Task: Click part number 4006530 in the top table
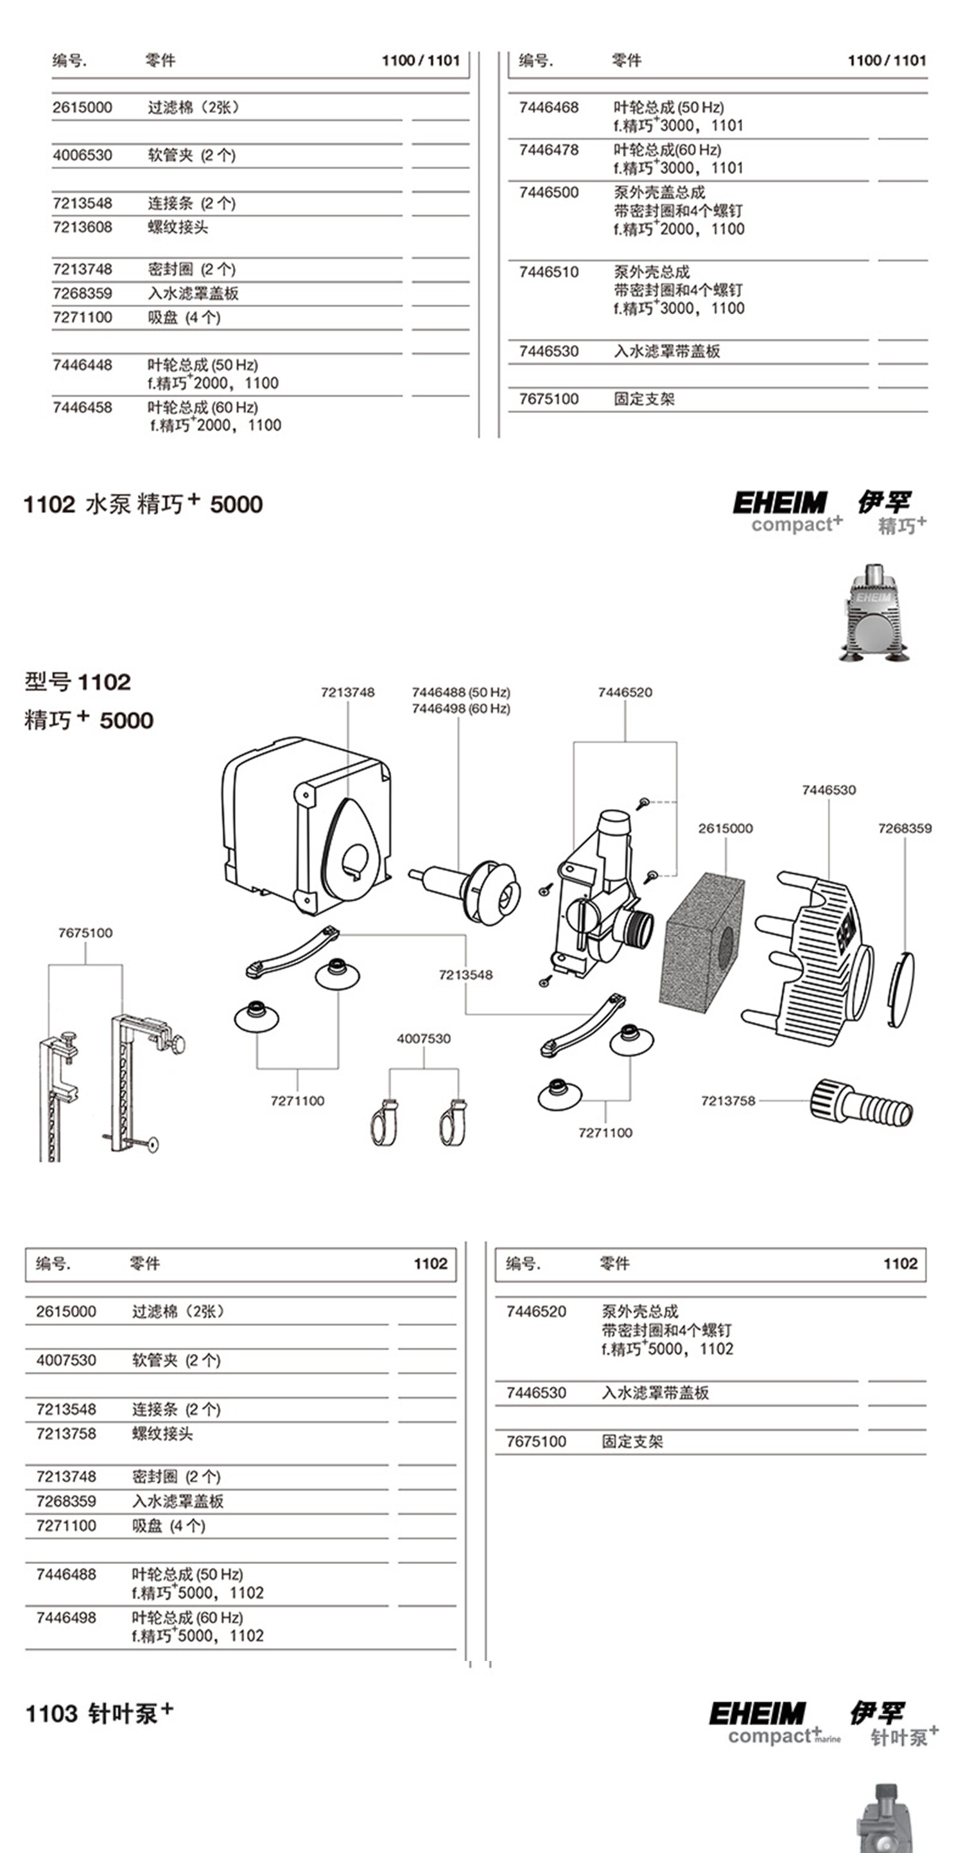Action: pyautogui.click(x=82, y=155)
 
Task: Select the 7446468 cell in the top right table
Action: pyautogui.click(x=549, y=107)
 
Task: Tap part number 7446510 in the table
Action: pyautogui.click(x=549, y=272)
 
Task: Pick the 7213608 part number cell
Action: pyautogui.click(x=82, y=227)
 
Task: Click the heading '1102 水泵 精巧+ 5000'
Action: pyautogui.click(x=143, y=503)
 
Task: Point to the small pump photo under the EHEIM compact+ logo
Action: pyautogui.click(x=874, y=612)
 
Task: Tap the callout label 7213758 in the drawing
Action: pyautogui.click(x=728, y=1101)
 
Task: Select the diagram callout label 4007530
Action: pyautogui.click(x=424, y=1039)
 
